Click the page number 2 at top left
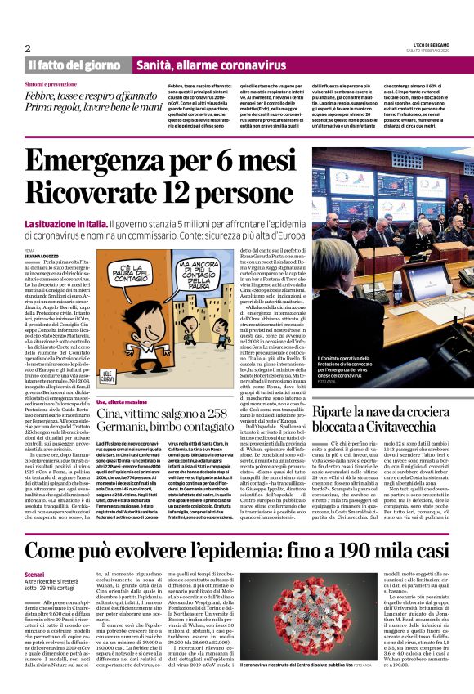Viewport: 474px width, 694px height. (x=27, y=48)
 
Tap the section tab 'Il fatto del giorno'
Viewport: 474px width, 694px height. (x=77, y=65)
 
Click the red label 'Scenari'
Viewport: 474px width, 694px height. (x=35, y=575)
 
